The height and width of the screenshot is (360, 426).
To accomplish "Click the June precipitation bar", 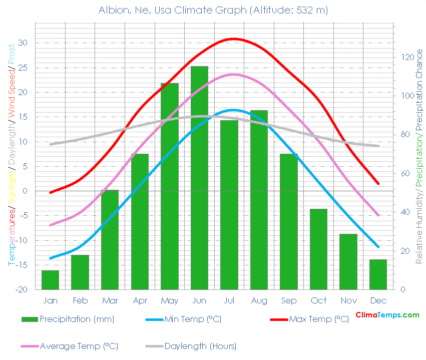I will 199,178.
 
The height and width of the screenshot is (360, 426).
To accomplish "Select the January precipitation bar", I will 50,280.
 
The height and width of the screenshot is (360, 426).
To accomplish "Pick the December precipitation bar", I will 378,274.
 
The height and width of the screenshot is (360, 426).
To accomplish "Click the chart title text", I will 213,11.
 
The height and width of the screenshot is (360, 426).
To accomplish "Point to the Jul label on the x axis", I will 229,300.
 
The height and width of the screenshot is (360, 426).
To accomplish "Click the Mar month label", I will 110,300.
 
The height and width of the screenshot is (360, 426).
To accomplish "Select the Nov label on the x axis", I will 348,300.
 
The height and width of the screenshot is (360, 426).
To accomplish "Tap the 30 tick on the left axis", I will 23,43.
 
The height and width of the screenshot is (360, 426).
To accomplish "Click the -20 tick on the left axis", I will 22,290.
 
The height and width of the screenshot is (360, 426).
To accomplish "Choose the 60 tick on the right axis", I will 404,174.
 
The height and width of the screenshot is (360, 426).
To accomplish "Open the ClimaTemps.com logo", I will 387,315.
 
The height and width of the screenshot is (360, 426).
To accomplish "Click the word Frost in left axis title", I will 12,55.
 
